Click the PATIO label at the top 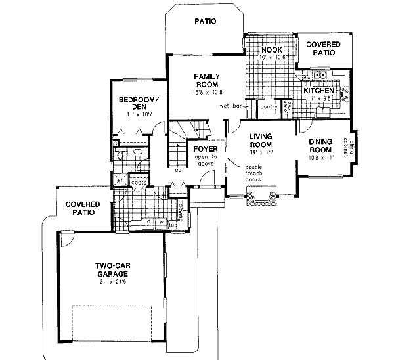(205, 22)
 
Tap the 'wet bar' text (228, 106)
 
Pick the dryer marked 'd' (148, 221)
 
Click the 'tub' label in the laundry (173, 225)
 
